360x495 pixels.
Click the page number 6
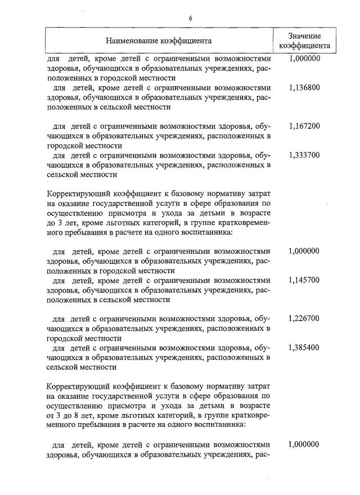click(191, 18)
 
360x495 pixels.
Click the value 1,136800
click(304, 88)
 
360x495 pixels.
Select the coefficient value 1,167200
click(304, 126)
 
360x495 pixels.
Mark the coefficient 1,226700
click(304, 318)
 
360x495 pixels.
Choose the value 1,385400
click(304, 348)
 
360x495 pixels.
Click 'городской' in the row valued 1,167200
click(61, 146)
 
